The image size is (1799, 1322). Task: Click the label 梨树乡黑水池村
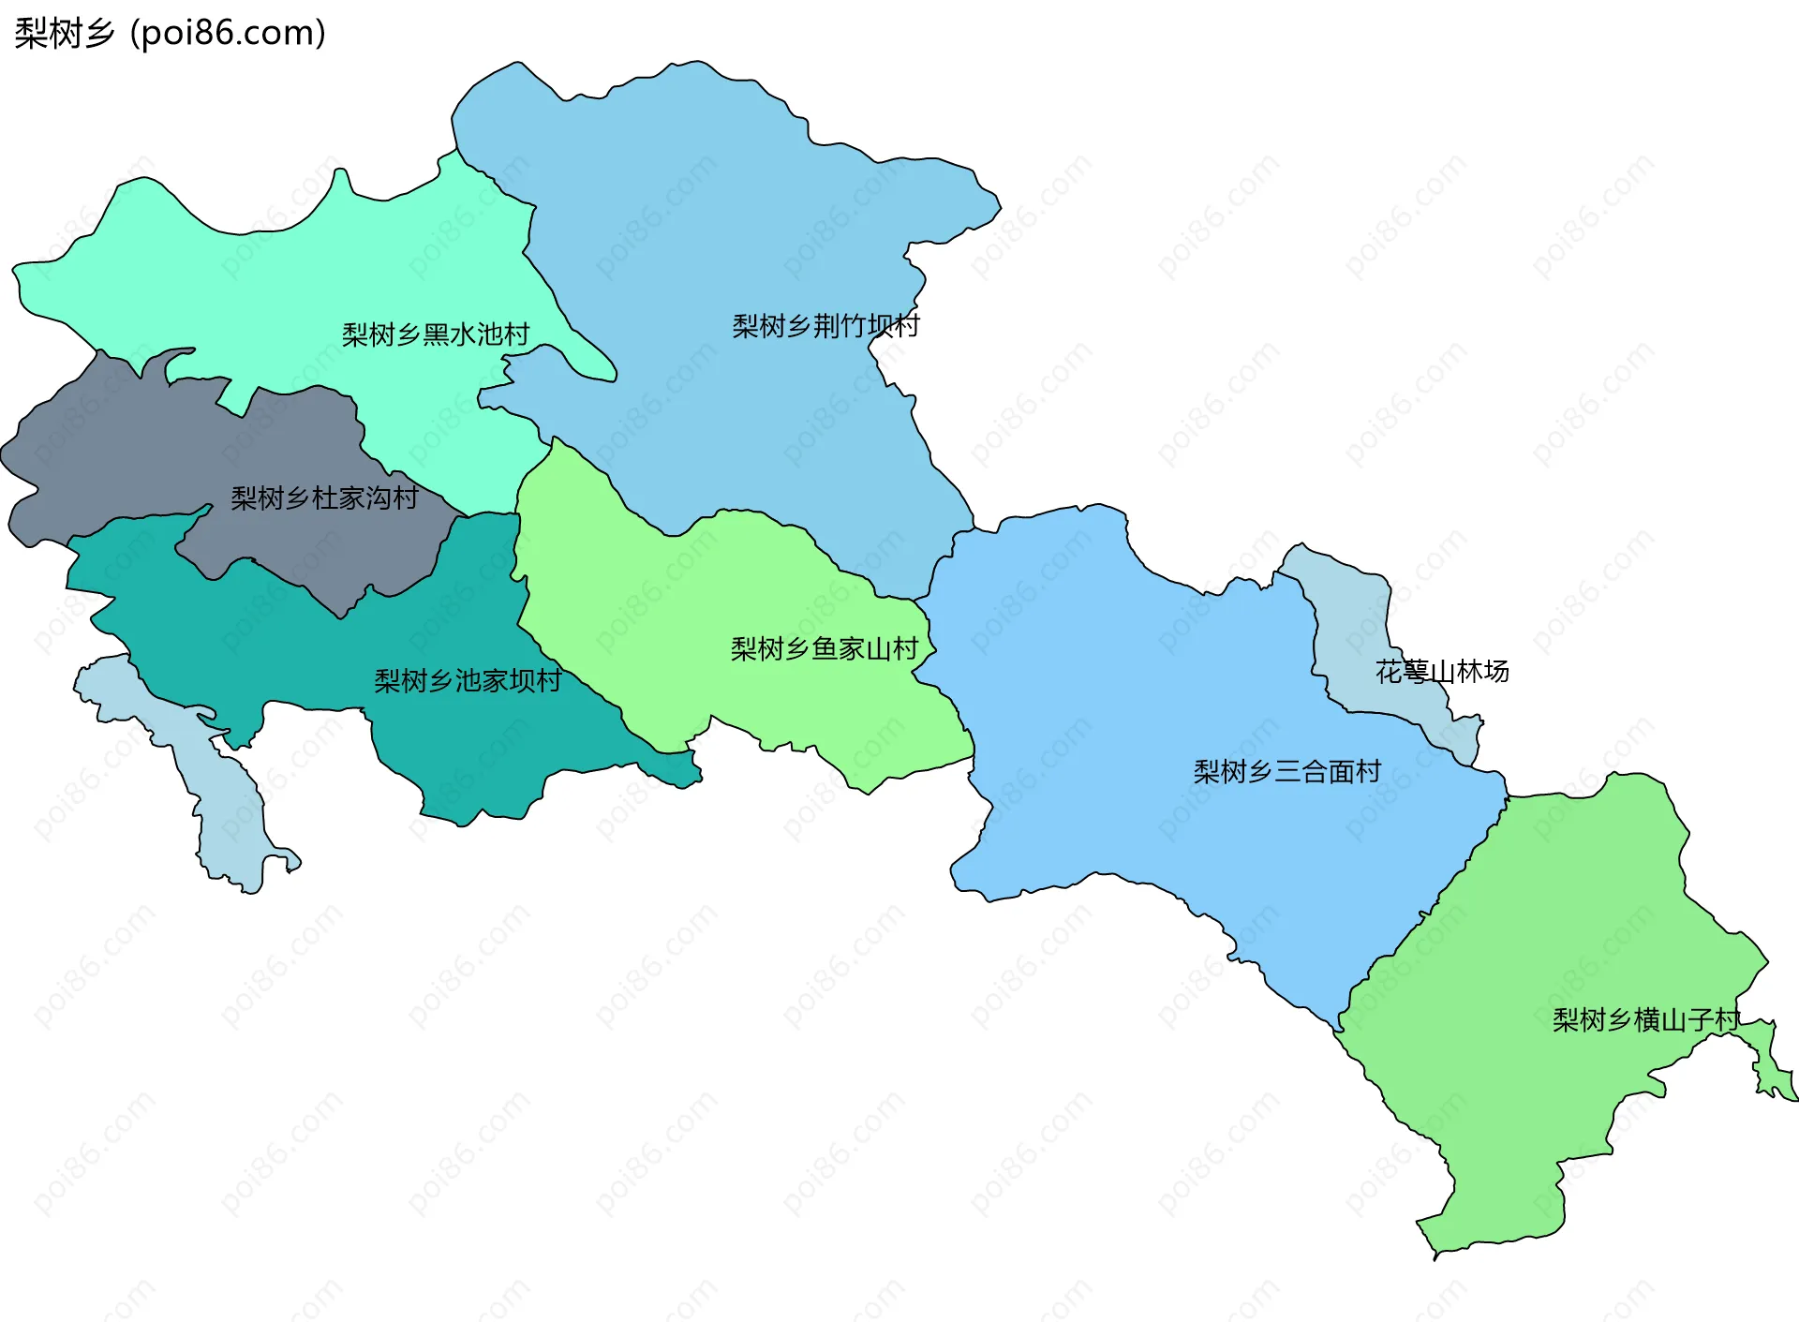pos(436,334)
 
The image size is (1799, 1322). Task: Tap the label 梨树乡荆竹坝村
pos(825,326)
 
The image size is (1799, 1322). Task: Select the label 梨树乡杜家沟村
pos(324,498)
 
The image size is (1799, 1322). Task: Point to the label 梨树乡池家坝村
pos(468,680)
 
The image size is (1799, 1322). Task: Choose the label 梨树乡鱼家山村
pos(824,648)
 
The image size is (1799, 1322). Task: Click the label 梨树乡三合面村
pos(1286,771)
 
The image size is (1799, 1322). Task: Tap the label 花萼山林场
pos(1442,671)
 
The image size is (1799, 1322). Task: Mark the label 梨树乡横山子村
pos(1645,1019)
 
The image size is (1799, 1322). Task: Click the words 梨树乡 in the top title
pos(64,34)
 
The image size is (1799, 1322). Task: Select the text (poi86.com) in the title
pos(229,34)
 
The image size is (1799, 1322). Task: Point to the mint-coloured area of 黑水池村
pos(281,281)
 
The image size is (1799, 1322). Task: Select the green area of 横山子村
pos(1546,937)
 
